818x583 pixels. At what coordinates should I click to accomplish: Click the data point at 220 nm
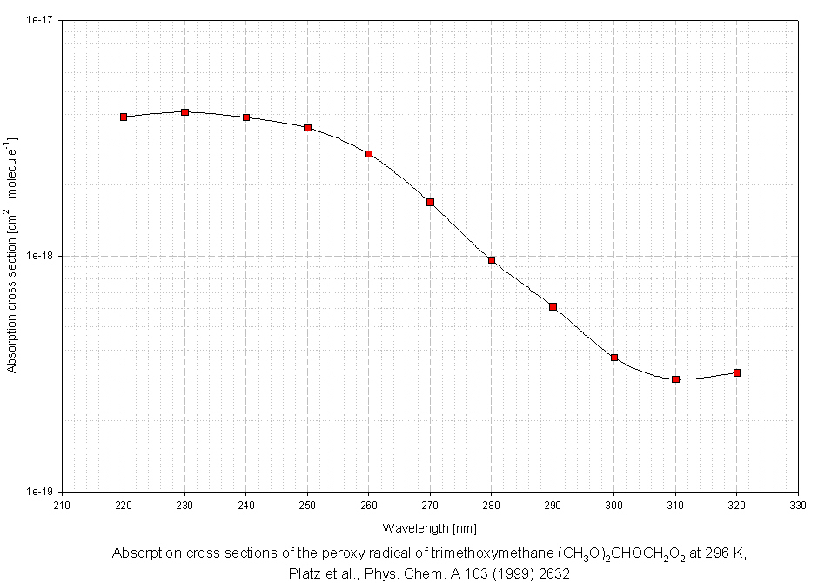coord(124,117)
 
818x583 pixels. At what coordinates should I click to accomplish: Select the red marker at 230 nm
coord(184,112)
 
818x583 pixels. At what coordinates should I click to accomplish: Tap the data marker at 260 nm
coord(369,154)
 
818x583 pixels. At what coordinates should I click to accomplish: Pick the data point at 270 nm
coord(430,202)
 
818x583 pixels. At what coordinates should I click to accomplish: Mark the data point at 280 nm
coord(492,260)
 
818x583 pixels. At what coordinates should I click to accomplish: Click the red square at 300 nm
coord(614,358)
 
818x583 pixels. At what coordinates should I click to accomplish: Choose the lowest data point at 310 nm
coord(675,379)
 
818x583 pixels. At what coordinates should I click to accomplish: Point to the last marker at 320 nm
coord(737,372)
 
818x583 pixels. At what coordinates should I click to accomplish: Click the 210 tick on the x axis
coord(63,505)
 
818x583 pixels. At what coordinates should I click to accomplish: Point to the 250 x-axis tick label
coord(307,505)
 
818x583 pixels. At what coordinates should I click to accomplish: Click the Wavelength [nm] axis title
coord(429,528)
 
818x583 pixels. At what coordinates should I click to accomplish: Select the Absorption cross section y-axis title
coord(11,254)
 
